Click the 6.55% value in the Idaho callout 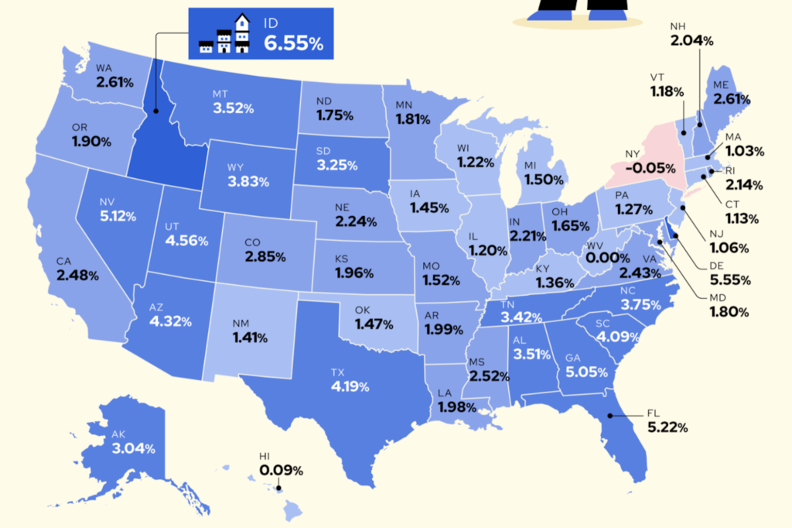[293, 44]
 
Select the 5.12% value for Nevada [117, 216]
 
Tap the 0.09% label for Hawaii [281, 470]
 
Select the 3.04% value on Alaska [133, 448]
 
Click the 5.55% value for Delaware [731, 279]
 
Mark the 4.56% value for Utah [186, 240]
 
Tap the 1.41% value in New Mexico [248, 338]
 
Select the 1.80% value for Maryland [730, 313]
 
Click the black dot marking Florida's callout [609, 416]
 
